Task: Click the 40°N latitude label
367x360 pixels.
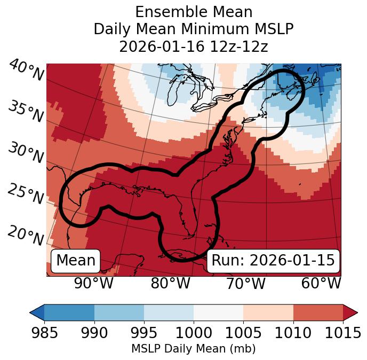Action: (x=26, y=71)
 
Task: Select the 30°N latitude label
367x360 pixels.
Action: (x=26, y=153)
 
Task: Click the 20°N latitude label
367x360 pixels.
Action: (x=26, y=235)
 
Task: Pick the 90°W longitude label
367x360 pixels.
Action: (x=93, y=283)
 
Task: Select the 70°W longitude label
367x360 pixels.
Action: (x=245, y=283)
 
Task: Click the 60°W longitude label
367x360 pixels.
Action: (x=321, y=283)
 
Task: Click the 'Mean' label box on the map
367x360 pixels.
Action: (x=76, y=261)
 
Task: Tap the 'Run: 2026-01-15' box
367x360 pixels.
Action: (x=273, y=261)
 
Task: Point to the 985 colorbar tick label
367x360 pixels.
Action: (x=44, y=333)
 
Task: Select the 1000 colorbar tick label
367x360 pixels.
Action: (x=193, y=333)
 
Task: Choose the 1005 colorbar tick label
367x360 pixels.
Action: (x=243, y=333)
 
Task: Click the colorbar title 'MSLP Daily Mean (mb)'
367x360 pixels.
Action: (x=193, y=349)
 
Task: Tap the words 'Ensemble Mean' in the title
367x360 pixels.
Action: (x=193, y=12)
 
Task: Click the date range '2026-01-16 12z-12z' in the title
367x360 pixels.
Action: (x=193, y=46)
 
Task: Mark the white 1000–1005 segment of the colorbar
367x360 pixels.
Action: (x=218, y=312)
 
